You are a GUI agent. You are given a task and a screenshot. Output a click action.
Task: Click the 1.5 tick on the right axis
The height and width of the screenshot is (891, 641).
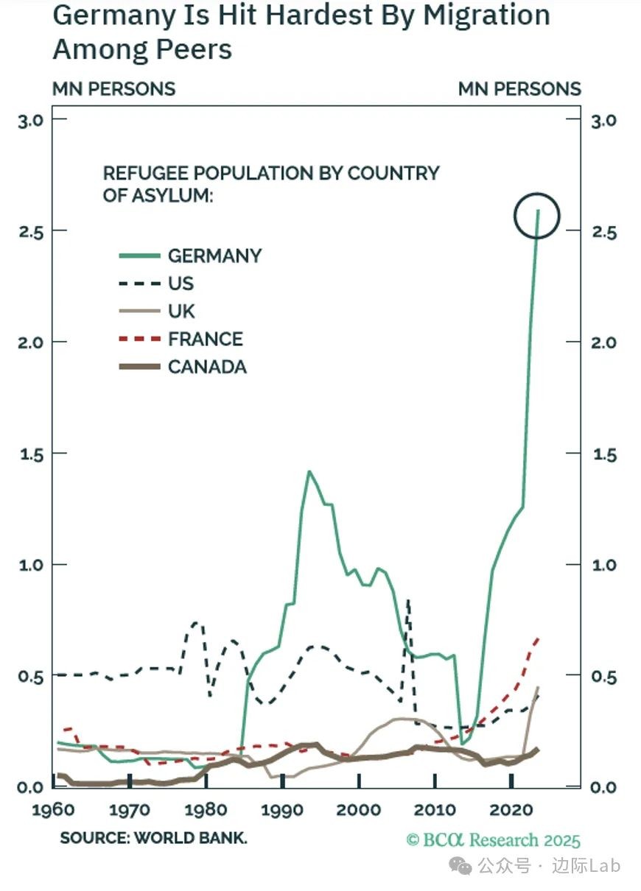click(x=605, y=454)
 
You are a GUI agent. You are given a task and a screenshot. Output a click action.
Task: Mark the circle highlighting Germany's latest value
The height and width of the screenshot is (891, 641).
click(x=537, y=216)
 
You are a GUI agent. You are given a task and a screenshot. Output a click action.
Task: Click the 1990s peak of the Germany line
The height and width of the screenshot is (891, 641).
click(x=309, y=471)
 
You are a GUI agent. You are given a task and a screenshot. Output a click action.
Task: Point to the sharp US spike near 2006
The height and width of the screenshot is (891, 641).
click(x=408, y=602)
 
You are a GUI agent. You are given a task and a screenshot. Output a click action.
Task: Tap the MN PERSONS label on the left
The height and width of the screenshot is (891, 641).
click(x=113, y=89)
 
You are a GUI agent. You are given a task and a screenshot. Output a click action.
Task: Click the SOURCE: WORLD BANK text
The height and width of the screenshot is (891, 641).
click(x=153, y=838)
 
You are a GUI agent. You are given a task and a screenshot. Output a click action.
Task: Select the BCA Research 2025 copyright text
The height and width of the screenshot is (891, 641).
click(x=493, y=840)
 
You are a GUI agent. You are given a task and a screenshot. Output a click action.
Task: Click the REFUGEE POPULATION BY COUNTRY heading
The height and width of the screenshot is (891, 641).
click(x=270, y=174)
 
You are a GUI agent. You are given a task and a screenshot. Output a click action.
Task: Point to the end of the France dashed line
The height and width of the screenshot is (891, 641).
click(x=539, y=639)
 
